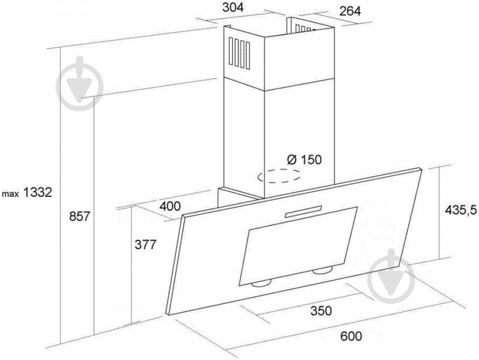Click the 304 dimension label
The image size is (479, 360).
[233, 7]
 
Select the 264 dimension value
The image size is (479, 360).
[350, 11]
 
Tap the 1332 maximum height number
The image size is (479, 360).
[38, 193]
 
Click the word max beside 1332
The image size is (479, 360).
[11, 194]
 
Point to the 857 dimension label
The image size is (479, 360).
[79, 217]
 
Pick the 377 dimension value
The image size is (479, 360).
[146, 244]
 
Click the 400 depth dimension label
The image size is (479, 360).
[170, 206]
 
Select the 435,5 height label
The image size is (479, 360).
[460, 210]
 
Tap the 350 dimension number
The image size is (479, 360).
[321, 311]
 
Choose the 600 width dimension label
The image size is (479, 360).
[351, 336]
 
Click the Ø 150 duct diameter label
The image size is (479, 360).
[305, 160]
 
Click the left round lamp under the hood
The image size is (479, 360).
[261, 284]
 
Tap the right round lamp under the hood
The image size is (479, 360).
[322, 270]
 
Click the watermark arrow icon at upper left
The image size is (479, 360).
[80, 83]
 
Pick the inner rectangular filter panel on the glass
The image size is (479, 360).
[298, 247]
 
